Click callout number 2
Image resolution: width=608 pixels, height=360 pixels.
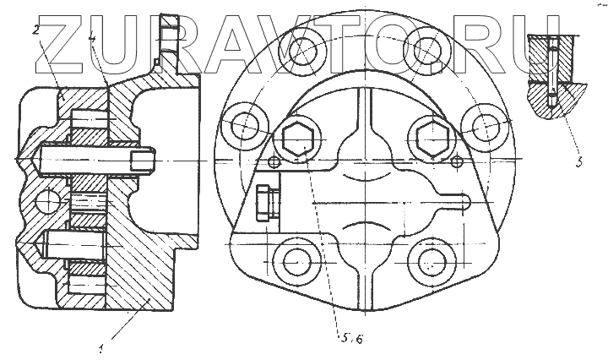click(36, 29)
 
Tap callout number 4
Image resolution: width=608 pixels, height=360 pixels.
click(92, 38)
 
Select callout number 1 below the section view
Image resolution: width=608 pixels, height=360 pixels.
click(101, 349)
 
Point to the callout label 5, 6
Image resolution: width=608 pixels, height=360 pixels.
click(352, 338)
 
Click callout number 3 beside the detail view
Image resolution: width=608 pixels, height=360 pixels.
click(579, 161)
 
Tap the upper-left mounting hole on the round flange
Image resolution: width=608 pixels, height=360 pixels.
click(303, 50)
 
